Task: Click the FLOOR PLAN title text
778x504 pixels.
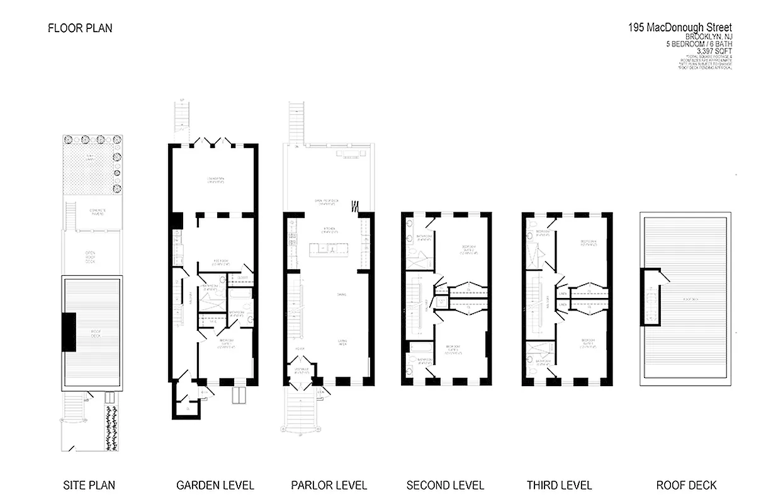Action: [80, 28]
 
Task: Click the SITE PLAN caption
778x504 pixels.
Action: [89, 485]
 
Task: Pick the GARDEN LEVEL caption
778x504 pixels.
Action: [215, 485]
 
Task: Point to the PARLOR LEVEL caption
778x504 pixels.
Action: [329, 485]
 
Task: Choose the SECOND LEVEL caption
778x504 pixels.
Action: [445, 485]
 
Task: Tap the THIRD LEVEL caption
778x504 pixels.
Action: [559, 485]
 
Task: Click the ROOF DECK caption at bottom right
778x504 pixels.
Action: [686, 485]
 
